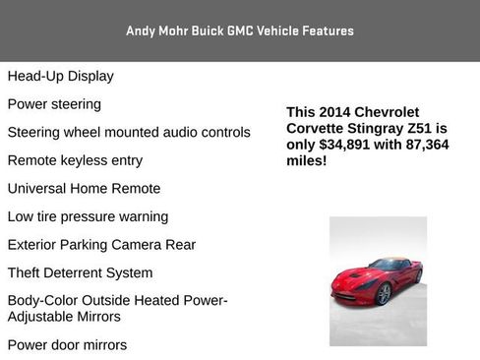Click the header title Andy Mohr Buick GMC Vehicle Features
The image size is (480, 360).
[239, 30]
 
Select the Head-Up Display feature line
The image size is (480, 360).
[60, 76]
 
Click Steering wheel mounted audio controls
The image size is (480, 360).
[129, 132]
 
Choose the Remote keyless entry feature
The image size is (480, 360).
[75, 160]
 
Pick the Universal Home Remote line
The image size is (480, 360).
[84, 188]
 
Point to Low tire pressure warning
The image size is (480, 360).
[88, 216]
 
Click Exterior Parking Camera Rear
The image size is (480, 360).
[101, 245]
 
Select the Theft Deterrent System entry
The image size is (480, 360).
[80, 272]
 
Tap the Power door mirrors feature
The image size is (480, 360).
[67, 345]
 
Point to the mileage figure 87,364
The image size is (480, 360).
[424, 145]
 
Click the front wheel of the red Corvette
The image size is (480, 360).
[382, 293]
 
